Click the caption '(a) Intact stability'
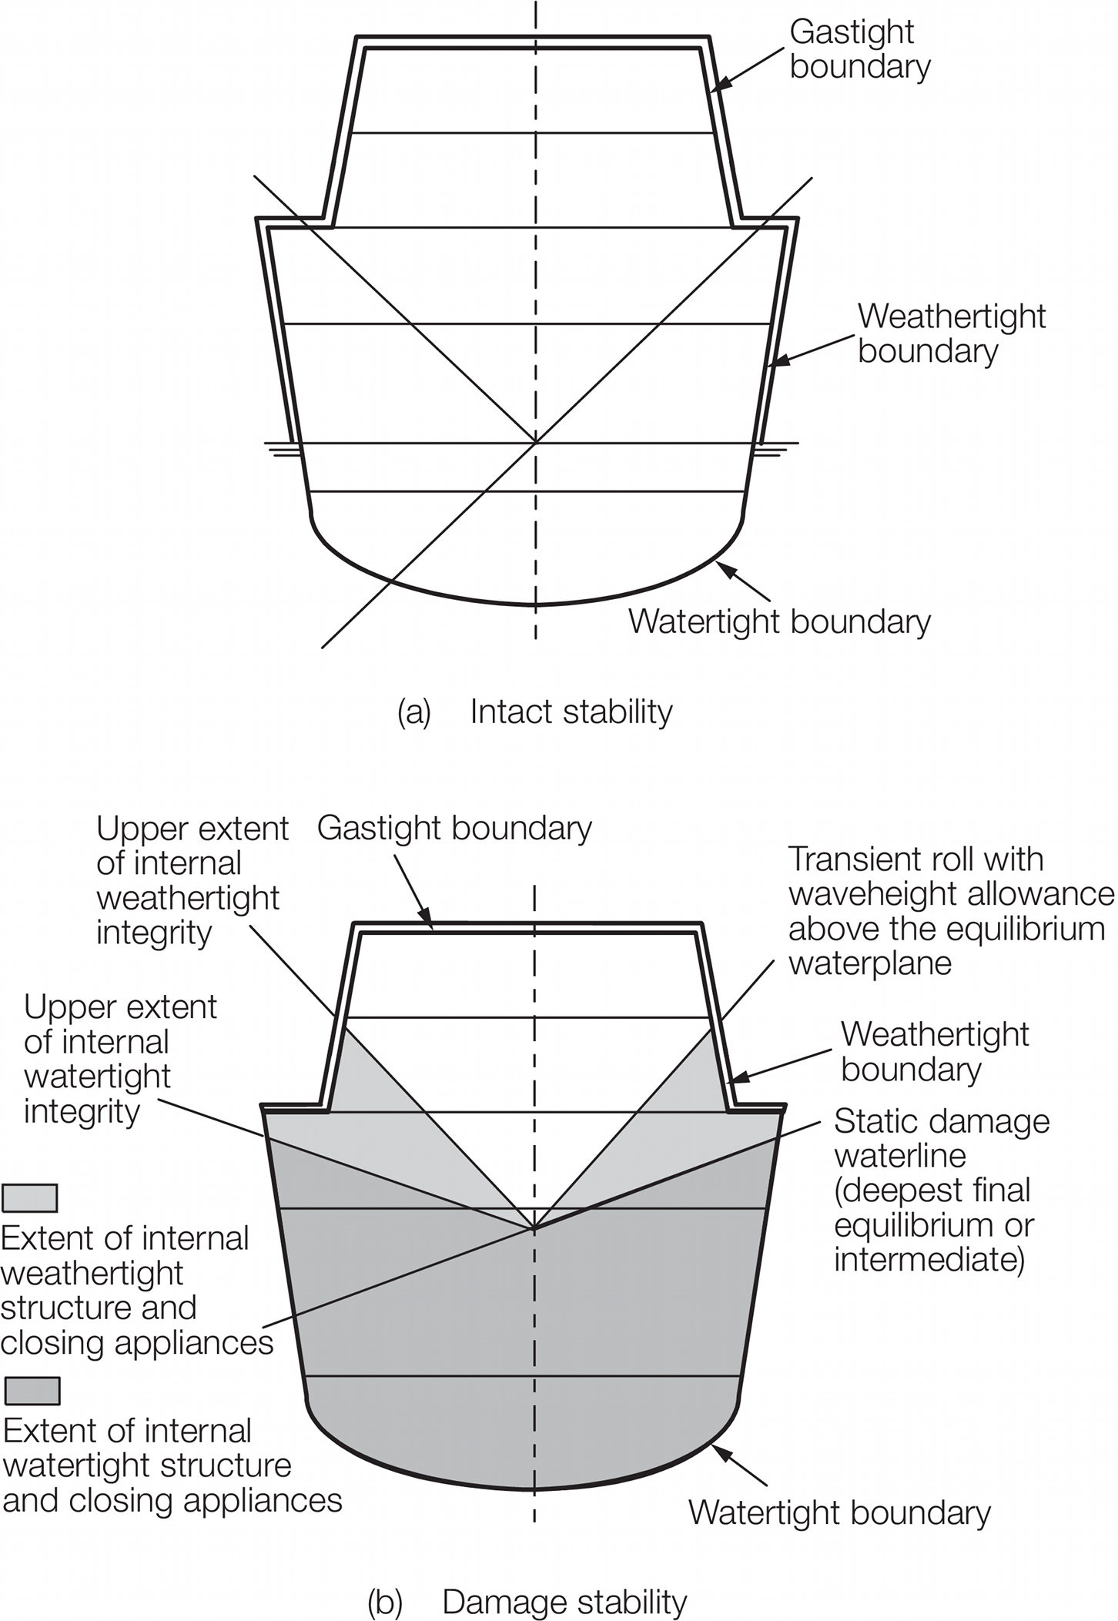pos(535,712)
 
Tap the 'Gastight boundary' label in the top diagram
pos(859,49)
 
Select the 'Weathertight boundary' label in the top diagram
pos(951,333)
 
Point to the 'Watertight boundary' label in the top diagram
pos(779,621)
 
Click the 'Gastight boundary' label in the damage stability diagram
pos(454,829)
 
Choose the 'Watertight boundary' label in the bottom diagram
pos(839,1512)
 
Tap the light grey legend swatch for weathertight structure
pos(30,1197)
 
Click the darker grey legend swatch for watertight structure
pos(32,1391)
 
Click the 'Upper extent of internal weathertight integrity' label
pos(191,881)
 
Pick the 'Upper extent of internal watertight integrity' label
pos(120,1059)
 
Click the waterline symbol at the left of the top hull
pos(282,449)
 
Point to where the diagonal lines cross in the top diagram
pos(536,442)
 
